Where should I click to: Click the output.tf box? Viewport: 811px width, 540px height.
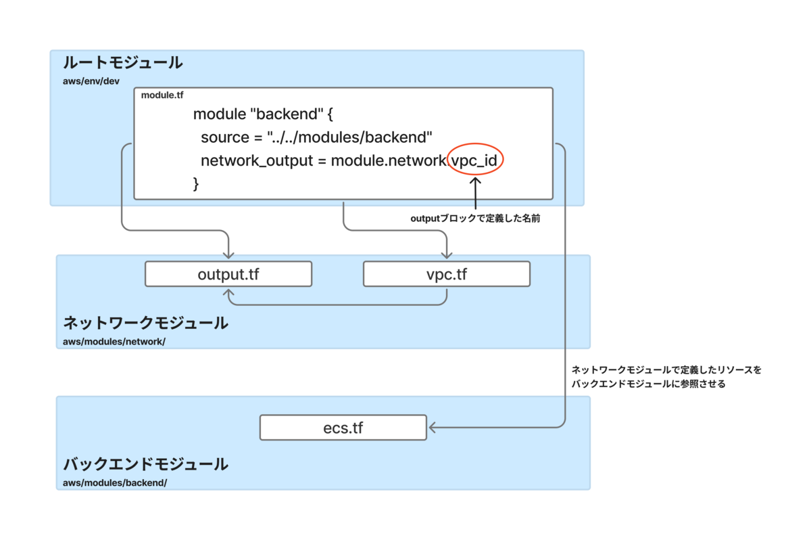228,274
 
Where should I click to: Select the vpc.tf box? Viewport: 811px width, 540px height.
447,274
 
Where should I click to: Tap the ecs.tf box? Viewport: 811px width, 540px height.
343,428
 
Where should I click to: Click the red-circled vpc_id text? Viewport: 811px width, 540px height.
474,160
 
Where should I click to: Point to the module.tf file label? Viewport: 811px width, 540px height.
162,95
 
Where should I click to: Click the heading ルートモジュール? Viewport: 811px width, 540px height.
123,63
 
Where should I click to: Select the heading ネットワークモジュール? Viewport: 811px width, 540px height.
145,323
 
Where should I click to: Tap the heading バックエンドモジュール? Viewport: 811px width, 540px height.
145,464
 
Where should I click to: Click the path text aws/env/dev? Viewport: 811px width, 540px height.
91,81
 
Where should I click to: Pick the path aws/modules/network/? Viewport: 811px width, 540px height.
114,342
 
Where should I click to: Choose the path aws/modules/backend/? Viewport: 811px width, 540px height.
115,483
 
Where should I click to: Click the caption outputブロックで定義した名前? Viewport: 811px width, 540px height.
475,219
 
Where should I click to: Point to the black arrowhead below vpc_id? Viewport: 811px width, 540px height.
475,180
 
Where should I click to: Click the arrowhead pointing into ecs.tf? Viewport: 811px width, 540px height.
433,428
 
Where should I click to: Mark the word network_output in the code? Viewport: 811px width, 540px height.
257,160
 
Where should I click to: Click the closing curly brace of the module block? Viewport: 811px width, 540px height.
196,184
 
